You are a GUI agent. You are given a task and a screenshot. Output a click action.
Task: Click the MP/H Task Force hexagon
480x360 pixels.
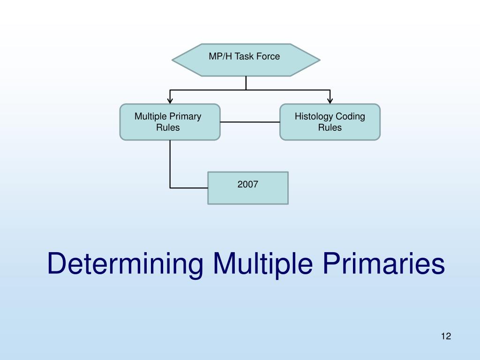246,60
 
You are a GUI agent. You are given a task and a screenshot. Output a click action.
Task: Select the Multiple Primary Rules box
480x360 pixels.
170,122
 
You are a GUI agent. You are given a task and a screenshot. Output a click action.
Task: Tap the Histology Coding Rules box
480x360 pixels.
330,122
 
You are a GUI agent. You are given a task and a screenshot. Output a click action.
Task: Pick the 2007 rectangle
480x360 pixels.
248,188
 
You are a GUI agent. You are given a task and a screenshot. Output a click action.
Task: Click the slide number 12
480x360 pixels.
446,336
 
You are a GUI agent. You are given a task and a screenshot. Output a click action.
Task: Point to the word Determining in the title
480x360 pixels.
125,264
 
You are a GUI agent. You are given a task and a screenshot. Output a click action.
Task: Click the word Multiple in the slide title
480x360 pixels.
263,264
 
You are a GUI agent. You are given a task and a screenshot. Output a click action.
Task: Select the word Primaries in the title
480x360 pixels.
383,263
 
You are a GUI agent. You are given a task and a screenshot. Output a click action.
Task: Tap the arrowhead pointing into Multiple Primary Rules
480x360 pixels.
170,101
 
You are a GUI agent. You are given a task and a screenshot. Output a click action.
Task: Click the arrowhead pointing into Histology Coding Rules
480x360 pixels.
330,101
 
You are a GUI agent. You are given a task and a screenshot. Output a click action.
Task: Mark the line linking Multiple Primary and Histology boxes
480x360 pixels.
250,122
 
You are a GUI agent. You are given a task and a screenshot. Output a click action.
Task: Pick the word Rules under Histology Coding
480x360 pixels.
330,127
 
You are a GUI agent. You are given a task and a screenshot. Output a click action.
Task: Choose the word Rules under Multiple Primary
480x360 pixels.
168,127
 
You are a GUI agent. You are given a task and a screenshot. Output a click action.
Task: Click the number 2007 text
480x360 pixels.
247,184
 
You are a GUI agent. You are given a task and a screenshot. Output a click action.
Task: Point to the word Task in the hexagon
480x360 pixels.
244,56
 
